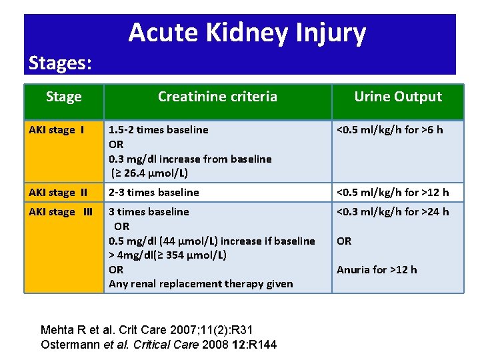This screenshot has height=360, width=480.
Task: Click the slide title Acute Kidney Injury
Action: coord(247,33)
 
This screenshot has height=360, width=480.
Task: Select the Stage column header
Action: coord(64,97)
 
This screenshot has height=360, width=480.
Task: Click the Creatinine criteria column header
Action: coord(217,97)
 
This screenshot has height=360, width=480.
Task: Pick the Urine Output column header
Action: coord(397,97)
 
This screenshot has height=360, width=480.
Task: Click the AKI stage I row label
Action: coord(56,130)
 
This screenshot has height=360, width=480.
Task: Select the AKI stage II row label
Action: coord(58,193)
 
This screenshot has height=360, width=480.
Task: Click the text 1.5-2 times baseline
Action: coord(159,130)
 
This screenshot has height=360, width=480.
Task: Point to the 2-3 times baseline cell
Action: coord(154,193)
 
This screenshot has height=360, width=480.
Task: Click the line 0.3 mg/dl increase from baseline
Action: coord(190,159)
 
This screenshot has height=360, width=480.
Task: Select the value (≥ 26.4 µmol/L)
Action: coord(150,173)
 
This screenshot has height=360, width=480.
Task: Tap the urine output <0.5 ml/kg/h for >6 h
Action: coord(389,130)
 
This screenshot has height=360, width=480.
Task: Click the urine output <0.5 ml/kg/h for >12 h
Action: coord(393,193)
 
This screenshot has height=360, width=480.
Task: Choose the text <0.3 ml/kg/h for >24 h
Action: coord(393,212)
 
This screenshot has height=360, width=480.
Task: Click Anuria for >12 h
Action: coord(377,270)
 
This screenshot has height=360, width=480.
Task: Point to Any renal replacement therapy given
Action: coord(201,284)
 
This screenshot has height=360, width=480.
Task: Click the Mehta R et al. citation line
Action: coord(147,329)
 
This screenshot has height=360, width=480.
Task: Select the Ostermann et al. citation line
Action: coord(159,344)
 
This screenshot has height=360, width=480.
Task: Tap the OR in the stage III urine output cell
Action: coord(344,241)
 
